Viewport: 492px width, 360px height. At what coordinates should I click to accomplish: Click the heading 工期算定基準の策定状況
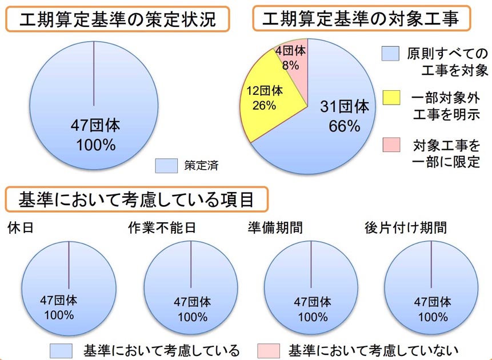point(117,20)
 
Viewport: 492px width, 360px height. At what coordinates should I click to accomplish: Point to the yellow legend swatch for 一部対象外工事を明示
point(392,98)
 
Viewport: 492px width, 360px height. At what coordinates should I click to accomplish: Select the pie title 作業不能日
point(162,227)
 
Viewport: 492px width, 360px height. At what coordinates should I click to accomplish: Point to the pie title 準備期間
point(275,227)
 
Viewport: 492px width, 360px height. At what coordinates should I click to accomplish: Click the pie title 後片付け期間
point(406,227)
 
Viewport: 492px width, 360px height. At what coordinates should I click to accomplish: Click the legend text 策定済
point(201,166)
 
